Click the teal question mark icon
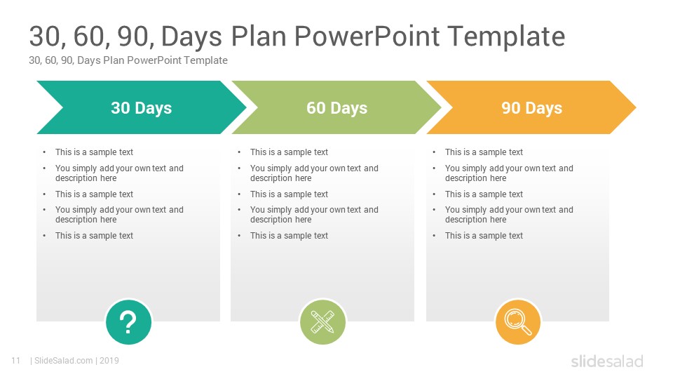click(128, 322)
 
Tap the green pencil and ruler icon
click(323, 322)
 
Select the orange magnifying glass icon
click(518, 322)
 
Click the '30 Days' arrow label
click(141, 108)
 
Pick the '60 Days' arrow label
click(336, 108)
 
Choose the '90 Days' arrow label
click(531, 108)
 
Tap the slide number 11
click(15, 361)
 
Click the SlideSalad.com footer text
click(63, 361)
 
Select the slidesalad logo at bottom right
click(606, 361)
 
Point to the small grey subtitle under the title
click(128, 60)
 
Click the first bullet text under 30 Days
click(94, 152)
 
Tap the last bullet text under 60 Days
click(289, 236)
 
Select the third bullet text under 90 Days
click(484, 194)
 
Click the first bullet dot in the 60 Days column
click(239, 152)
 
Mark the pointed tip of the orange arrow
click(634, 108)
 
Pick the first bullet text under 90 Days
click(484, 152)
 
